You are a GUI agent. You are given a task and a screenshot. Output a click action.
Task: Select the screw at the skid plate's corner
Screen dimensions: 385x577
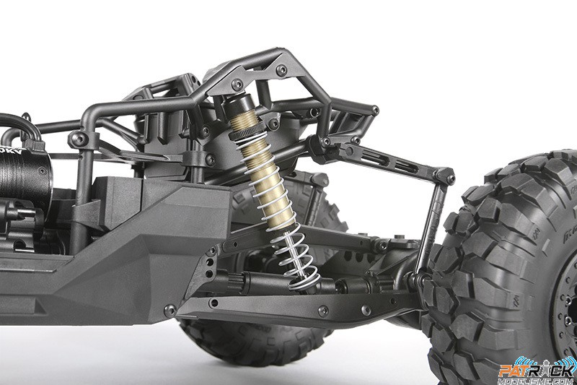click(x=169, y=310)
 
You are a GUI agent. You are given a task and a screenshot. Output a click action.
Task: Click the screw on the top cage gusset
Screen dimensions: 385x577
click(x=281, y=70)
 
